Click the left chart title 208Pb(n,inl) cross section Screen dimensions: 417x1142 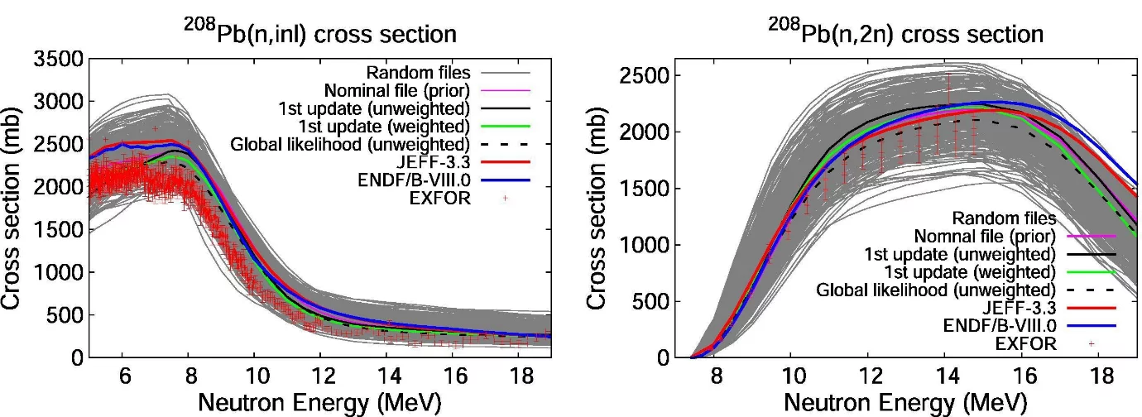pyautogui.click(x=319, y=34)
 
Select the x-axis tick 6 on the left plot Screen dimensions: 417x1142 pyautogui.click(x=122, y=376)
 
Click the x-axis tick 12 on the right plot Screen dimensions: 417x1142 pyautogui.click(x=867, y=376)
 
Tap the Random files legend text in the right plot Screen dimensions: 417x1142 pyautogui.click(x=1004, y=218)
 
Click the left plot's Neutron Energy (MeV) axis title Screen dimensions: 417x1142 pyautogui.click(x=319, y=403)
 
